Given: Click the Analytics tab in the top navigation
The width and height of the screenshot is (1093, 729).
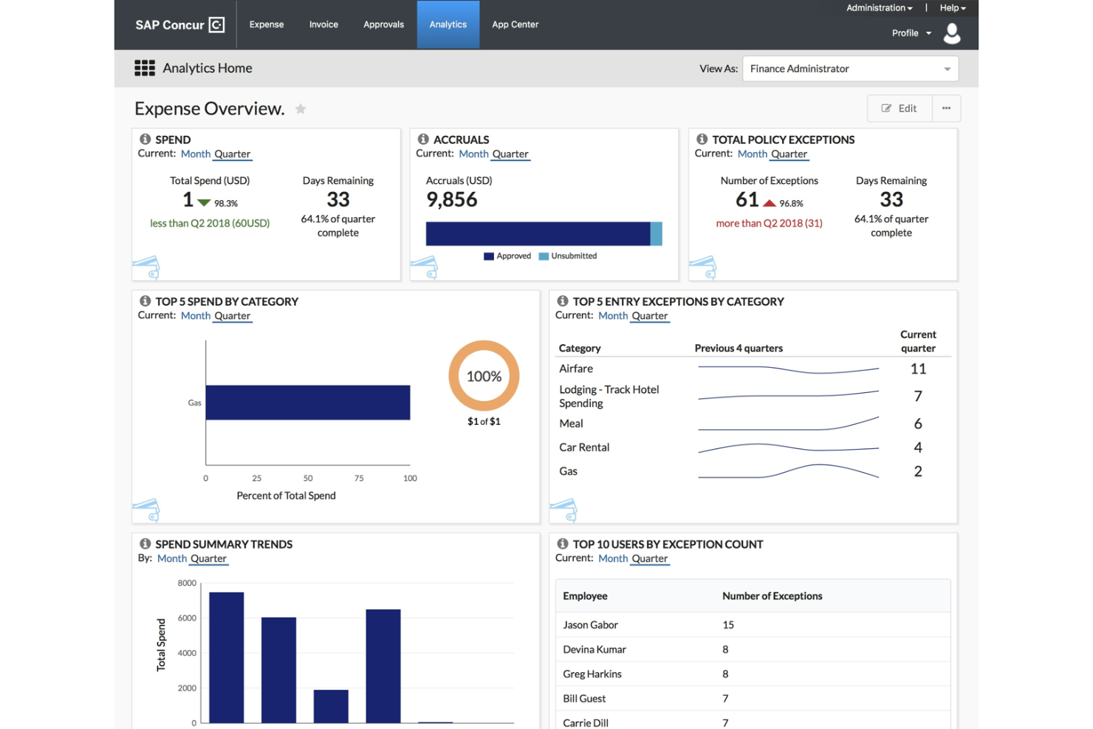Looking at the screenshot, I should coord(448,24).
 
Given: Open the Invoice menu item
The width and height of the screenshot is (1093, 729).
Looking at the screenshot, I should coord(323,24).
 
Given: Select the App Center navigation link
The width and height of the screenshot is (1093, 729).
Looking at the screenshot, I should coord(515,24).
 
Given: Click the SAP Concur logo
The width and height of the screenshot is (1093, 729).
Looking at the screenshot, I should coord(179,24).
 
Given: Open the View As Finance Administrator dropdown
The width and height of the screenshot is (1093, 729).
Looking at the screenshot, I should coord(849,69).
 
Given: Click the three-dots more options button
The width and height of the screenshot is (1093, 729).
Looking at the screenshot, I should coord(946,109).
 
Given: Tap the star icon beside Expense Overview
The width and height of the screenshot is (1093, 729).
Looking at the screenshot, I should coord(301,109).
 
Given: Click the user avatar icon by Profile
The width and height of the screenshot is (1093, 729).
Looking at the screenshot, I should coord(952,33).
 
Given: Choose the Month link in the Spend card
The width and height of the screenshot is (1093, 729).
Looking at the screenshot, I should coord(196,154).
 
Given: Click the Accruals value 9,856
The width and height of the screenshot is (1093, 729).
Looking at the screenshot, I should coord(452,199).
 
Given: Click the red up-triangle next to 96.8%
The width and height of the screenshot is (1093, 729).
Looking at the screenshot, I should coord(770,203).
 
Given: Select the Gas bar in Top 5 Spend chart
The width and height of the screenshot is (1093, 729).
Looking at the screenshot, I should coord(307,403).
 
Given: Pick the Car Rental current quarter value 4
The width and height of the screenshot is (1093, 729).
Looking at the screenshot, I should coord(918,448).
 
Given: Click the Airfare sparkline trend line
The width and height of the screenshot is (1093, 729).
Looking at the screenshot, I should coord(788,369).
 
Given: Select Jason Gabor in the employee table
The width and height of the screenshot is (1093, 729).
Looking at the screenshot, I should coord(590,625).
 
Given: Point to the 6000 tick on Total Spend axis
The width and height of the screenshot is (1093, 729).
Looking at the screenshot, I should coord(187,618).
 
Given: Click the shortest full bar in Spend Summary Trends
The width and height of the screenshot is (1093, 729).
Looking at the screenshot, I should coord(331,706).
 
